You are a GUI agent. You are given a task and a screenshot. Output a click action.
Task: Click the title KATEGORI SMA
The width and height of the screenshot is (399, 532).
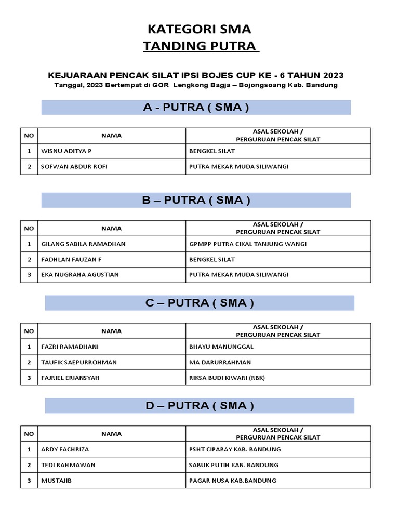coord(200,29)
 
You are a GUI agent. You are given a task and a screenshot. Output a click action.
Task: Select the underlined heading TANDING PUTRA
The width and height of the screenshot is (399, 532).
coord(201,46)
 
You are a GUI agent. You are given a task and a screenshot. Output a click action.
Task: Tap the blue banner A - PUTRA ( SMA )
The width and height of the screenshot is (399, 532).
coord(196,108)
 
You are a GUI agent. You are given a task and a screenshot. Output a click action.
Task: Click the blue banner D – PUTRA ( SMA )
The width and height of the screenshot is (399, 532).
coord(199,406)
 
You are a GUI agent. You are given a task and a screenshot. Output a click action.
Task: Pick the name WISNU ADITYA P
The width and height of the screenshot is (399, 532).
coord(66,151)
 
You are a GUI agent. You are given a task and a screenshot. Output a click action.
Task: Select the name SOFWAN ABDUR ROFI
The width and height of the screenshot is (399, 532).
coord(74,167)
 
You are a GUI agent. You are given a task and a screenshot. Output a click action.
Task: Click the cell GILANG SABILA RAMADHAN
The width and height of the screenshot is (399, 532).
coord(83,244)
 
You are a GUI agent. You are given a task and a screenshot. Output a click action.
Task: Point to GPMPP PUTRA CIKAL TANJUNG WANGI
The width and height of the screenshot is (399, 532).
coord(248,244)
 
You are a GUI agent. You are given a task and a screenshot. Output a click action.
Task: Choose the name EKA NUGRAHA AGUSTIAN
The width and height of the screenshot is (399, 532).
coord(80,275)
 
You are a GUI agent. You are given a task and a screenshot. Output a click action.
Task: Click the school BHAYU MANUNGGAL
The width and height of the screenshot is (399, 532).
coord(221,347)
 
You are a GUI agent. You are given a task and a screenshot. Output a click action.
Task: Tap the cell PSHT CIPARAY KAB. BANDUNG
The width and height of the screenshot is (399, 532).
coord(235,449)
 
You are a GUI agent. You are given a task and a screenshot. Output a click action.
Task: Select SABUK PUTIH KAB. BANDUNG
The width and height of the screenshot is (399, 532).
coord(234,465)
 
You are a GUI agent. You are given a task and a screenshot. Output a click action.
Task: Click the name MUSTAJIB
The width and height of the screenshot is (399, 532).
coord(56,481)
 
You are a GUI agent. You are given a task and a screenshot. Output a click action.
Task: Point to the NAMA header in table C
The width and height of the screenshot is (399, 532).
coord(111,331)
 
